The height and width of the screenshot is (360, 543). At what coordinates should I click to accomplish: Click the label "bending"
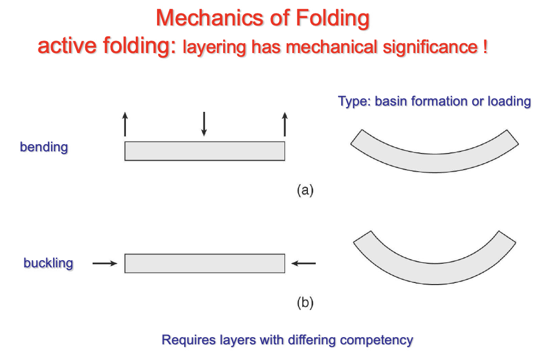coord(44,147)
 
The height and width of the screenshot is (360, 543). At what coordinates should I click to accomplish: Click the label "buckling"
coord(48,263)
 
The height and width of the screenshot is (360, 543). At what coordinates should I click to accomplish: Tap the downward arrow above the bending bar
coord(204,124)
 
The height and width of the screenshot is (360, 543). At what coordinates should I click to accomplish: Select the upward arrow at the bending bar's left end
coord(125,124)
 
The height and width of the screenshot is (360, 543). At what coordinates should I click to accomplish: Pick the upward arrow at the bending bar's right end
coord(285,124)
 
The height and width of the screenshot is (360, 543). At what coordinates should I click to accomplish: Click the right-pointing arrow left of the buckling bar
coord(105,264)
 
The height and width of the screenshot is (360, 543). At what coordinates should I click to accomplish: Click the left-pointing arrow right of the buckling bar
coord(304,264)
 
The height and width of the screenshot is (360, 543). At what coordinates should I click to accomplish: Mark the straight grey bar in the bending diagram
coord(204,151)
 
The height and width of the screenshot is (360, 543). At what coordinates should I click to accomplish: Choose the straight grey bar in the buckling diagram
coord(204,263)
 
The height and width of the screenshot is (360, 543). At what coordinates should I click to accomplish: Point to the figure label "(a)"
coord(305,190)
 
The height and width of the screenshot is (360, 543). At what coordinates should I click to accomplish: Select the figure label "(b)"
coord(305,302)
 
